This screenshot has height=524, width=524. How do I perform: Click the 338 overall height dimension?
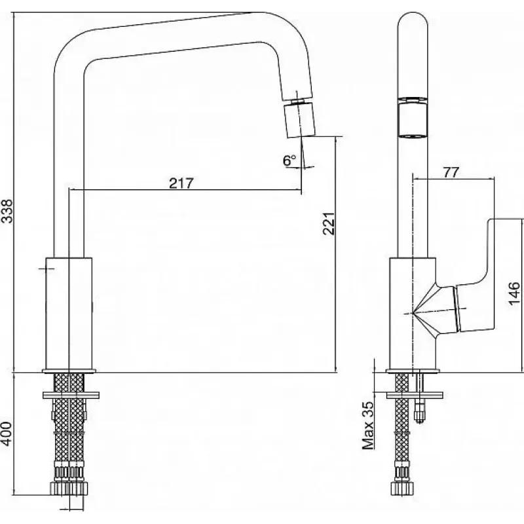(7, 211)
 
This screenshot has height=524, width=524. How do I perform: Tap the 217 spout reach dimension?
(181, 183)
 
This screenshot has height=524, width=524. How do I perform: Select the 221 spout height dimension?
(329, 223)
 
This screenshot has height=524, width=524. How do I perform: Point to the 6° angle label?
(290, 160)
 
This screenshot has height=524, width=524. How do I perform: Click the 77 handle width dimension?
(451, 172)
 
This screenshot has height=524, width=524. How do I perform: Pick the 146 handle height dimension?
(514, 293)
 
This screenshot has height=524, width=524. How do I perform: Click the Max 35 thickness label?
(368, 425)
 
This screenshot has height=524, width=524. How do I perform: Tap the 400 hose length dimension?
(7, 434)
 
